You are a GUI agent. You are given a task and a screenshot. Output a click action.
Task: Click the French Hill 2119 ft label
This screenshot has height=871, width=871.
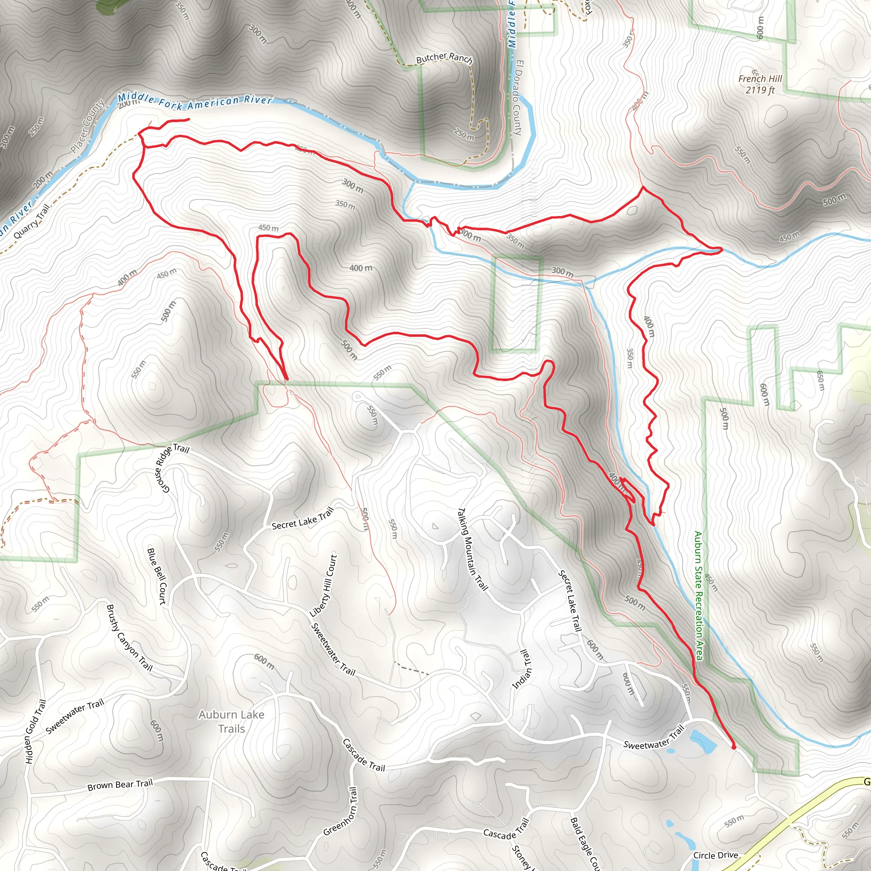tap(760, 84)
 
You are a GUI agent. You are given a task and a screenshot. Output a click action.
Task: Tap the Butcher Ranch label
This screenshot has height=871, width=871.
tap(444, 58)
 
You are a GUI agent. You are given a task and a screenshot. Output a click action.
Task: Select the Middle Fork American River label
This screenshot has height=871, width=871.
tap(195, 102)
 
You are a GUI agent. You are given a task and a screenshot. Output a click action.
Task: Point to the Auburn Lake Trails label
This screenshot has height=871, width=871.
tap(231, 721)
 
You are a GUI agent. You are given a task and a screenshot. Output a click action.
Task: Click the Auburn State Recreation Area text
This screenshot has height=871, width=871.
tap(698, 595)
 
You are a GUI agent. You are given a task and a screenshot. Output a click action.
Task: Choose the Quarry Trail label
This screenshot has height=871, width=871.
tap(31, 222)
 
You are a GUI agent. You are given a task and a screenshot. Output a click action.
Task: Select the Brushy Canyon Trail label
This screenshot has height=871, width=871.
tap(129, 638)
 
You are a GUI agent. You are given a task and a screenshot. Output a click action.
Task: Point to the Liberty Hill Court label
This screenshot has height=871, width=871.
tap(324, 586)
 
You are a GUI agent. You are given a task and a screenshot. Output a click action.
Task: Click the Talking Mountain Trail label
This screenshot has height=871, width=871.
tap(473, 549)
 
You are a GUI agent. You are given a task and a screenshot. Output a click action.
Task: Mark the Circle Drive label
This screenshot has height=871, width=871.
tap(715, 855)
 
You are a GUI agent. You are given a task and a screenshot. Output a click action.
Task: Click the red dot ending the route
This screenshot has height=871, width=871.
tap(734, 747)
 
